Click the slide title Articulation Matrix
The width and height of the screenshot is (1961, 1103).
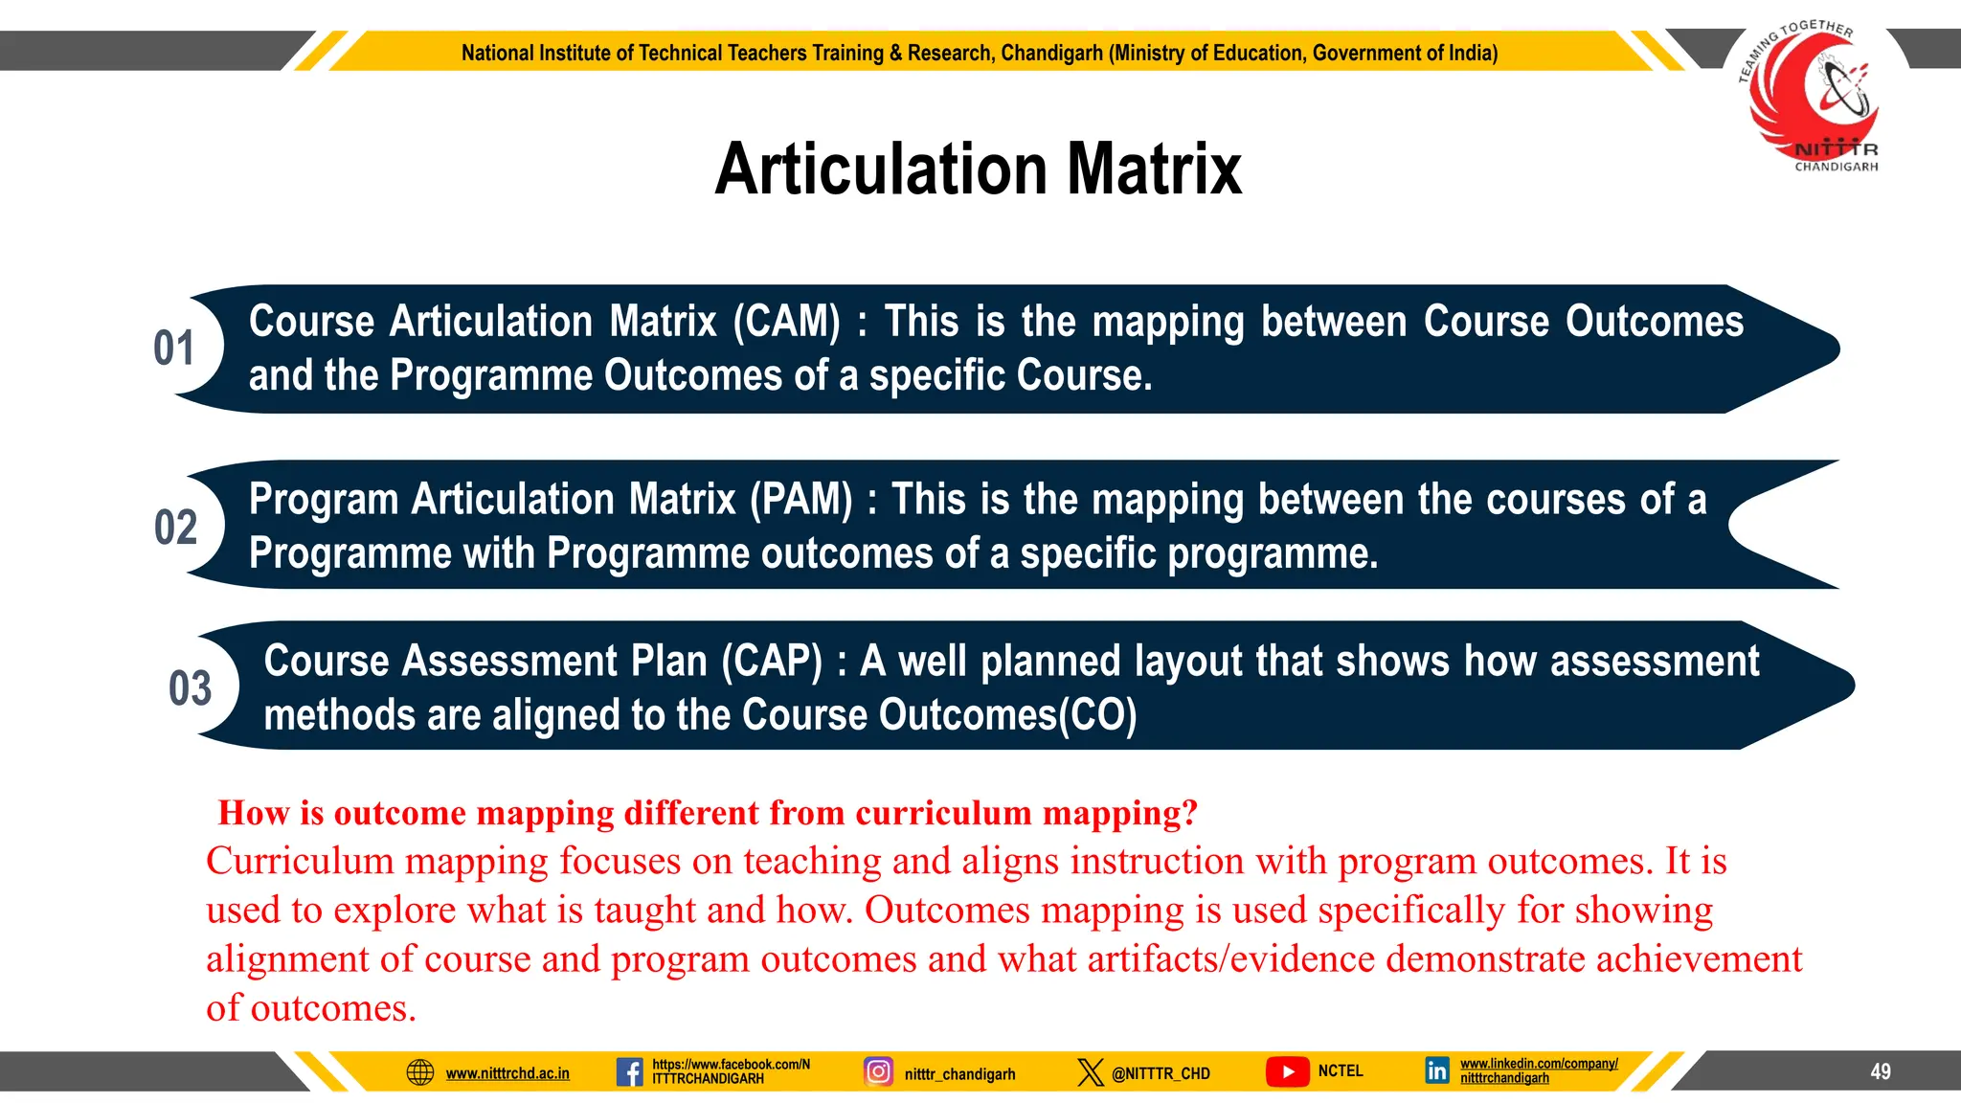click(978, 169)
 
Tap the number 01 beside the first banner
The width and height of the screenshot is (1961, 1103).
click(174, 349)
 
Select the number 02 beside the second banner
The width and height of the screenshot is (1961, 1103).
click(175, 528)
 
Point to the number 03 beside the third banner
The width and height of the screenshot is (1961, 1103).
click(190, 688)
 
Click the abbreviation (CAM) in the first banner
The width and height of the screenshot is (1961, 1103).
click(786, 322)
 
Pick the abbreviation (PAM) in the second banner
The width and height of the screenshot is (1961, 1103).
click(800, 500)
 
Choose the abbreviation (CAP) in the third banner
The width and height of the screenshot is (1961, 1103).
click(772, 662)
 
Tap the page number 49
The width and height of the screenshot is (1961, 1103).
click(1880, 1071)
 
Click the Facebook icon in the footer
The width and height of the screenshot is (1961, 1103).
click(629, 1071)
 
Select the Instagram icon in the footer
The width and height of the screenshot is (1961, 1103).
click(878, 1070)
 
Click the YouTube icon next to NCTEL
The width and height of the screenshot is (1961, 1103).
click(1288, 1071)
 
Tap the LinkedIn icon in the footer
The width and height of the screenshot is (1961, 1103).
click(1436, 1070)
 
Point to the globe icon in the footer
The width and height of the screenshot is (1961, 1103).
click(420, 1072)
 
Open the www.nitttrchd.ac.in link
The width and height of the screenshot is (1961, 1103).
click(507, 1073)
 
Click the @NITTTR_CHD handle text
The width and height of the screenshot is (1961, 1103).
click(1161, 1073)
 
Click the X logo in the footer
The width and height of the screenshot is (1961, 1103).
click(1090, 1071)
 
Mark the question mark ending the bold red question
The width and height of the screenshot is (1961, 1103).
click(1189, 813)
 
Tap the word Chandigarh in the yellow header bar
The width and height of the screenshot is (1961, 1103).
click(1051, 53)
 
